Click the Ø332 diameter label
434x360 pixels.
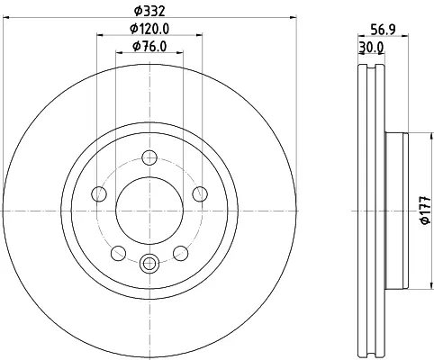(149, 12)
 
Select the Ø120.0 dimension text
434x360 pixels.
(149, 29)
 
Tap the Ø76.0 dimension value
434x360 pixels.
(149, 47)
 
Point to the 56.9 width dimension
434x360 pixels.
(383, 30)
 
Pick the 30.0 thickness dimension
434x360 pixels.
(371, 48)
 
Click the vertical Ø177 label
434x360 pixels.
(426, 211)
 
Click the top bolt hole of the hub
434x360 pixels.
(149, 157)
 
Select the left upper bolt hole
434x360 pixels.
(99, 193)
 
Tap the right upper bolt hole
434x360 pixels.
(200, 193)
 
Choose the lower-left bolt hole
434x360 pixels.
(118, 253)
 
